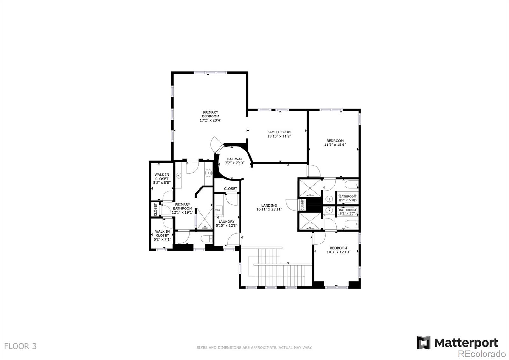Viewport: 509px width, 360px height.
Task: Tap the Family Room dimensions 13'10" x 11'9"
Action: [x=279, y=136]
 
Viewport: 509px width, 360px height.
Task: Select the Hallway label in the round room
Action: [x=234, y=159]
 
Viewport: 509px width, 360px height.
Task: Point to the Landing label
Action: [x=269, y=206]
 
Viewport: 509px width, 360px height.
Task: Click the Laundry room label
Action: [x=227, y=222]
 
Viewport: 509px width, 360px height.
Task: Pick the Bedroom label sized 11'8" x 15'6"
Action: [x=335, y=141]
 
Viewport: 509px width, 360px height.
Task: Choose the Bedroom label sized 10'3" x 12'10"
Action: [x=338, y=248]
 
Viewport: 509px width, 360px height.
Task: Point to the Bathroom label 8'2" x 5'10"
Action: [x=348, y=197]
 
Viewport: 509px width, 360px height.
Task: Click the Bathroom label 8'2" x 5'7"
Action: [x=347, y=210]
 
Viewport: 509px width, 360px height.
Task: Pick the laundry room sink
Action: [x=219, y=210]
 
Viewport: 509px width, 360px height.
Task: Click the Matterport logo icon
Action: [x=423, y=342]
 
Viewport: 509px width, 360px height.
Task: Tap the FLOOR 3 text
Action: [x=21, y=346]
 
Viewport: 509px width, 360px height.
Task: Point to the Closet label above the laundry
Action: [x=230, y=189]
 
